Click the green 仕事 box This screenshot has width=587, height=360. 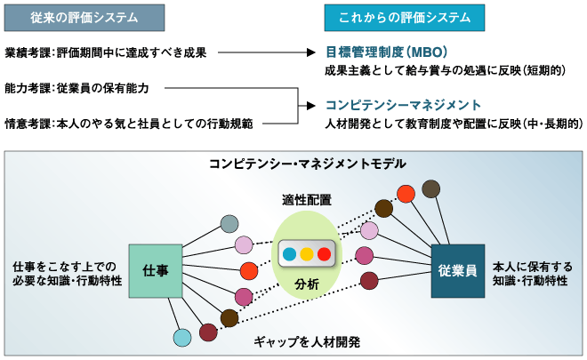(156, 270)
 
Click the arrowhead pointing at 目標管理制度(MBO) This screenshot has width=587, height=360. (312, 52)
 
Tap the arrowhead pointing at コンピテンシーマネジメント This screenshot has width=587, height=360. (312, 104)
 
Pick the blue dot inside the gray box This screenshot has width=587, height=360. (288, 253)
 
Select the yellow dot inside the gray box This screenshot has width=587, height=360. (307, 253)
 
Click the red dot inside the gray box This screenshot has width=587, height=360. (325, 253)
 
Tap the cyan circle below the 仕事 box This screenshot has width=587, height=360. (182, 338)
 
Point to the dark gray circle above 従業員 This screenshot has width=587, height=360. (431, 188)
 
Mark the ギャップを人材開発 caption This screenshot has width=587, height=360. (307, 341)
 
